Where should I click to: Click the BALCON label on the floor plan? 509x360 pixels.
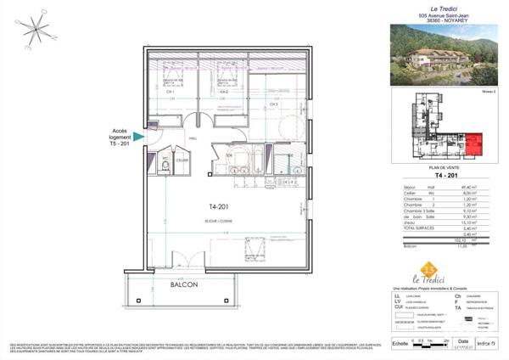[183, 286]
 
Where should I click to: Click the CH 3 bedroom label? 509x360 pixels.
[273, 104]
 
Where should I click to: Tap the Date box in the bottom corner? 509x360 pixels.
[463, 341]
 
